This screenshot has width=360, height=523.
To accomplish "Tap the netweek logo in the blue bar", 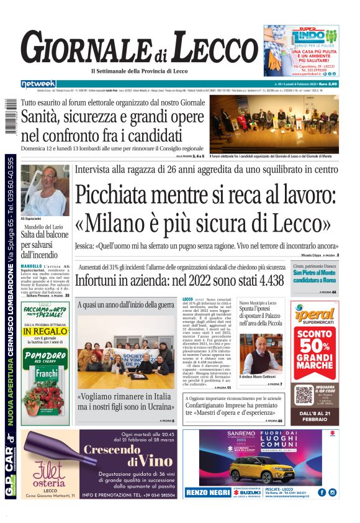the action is pyautogui.click(x=38, y=84).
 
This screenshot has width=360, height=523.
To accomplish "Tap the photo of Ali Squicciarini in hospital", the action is pyautogui.click(x=45, y=191).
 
